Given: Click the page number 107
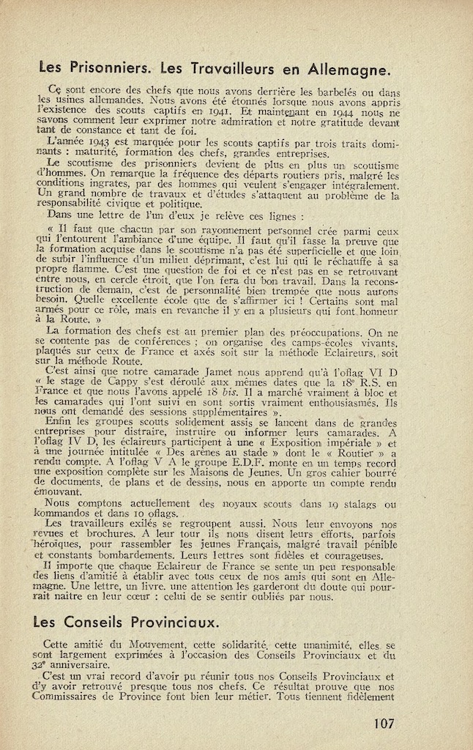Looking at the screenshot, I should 383,724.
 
